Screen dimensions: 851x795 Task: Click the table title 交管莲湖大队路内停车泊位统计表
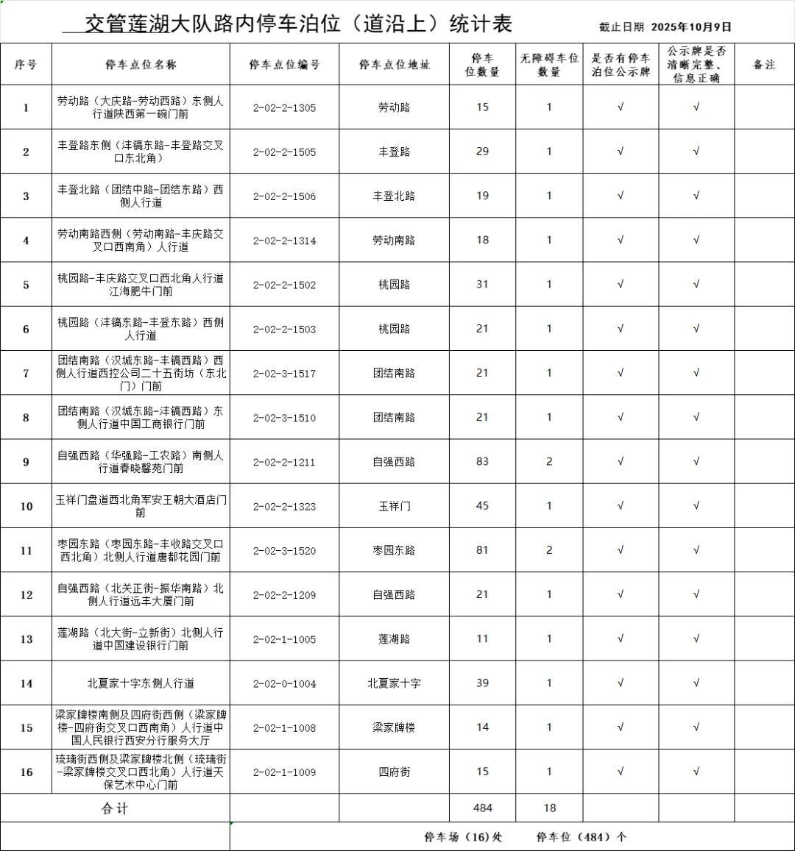298,24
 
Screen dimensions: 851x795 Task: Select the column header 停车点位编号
284,65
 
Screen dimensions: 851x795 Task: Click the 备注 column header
764,65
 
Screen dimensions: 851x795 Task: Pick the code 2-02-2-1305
284,107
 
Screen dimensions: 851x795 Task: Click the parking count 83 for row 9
482,462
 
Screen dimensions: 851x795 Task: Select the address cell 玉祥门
394,506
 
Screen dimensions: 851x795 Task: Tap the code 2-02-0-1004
284,683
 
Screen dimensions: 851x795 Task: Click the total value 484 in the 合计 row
483,808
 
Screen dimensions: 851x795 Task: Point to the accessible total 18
549,808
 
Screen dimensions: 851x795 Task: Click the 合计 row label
115,808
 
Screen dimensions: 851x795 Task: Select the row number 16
26,772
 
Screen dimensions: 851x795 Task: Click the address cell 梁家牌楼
394,727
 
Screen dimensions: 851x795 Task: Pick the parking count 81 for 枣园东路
482,550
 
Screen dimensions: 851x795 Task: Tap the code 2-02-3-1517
284,374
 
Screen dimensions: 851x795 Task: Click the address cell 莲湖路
394,639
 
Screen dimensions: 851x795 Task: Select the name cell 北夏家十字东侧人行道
141,683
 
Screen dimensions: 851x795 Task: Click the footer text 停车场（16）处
463,837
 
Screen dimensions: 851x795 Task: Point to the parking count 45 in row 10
482,506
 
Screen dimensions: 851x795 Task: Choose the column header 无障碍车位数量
549,65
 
